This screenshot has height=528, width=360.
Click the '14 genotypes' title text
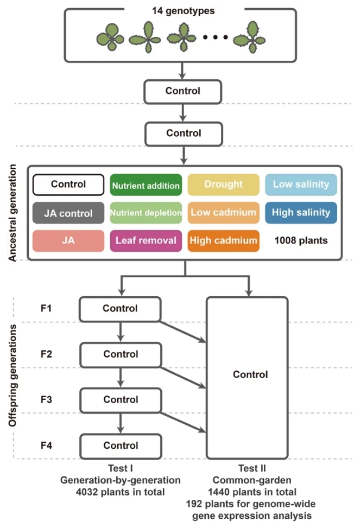coord(183,10)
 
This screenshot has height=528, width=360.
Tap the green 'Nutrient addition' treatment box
coord(146,185)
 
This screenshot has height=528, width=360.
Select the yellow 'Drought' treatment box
coord(223,185)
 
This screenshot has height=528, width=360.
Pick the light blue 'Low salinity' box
coord(301,185)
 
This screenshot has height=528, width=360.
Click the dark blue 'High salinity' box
coord(301,212)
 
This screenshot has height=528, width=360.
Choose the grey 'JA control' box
coord(68,213)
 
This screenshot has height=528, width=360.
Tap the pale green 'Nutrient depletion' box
coord(146,213)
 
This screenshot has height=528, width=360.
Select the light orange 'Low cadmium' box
coord(223,212)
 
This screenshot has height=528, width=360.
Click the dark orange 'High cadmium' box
coord(223,240)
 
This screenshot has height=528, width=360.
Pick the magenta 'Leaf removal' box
coord(146,240)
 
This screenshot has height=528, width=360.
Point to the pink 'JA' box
coord(68,240)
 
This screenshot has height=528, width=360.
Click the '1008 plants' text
coord(301,240)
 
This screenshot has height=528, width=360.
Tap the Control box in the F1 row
coord(121,309)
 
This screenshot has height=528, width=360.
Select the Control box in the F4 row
coord(121,446)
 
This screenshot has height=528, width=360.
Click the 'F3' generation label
coord(46,400)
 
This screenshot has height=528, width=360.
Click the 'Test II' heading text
coord(250,468)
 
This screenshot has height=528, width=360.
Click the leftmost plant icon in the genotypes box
coord(111,38)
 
